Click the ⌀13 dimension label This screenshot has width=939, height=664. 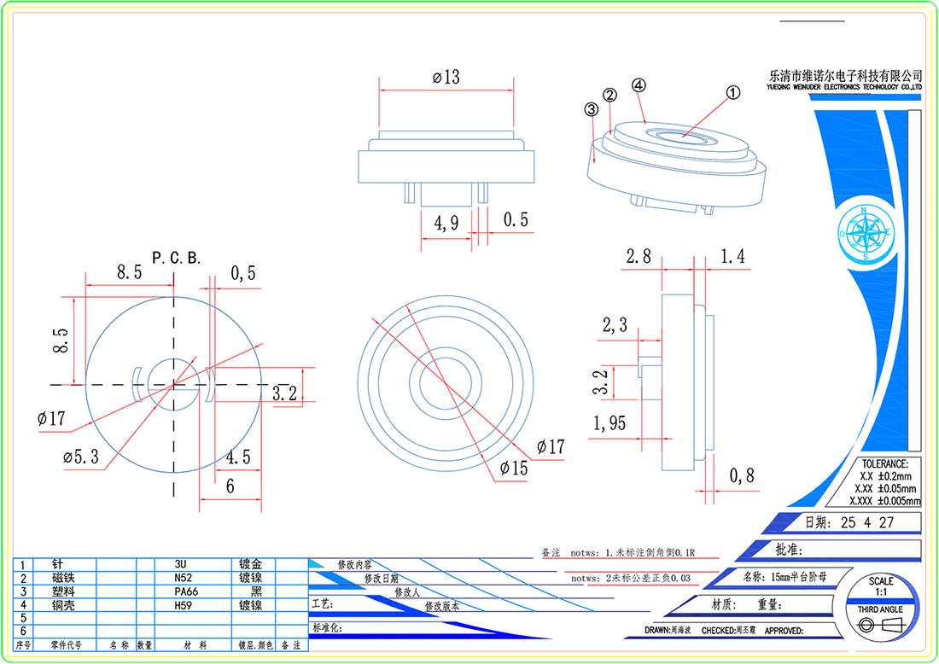coord(446,77)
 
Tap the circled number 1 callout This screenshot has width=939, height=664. coord(731,91)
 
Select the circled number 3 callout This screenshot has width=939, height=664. coord(590,109)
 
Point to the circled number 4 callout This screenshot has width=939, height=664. coord(639,85)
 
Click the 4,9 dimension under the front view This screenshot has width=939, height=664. coord(446,223)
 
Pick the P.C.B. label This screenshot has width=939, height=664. coord(177,257)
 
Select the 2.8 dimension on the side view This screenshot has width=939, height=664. coord(639,256)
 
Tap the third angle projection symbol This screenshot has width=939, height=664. coord(881,626)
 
